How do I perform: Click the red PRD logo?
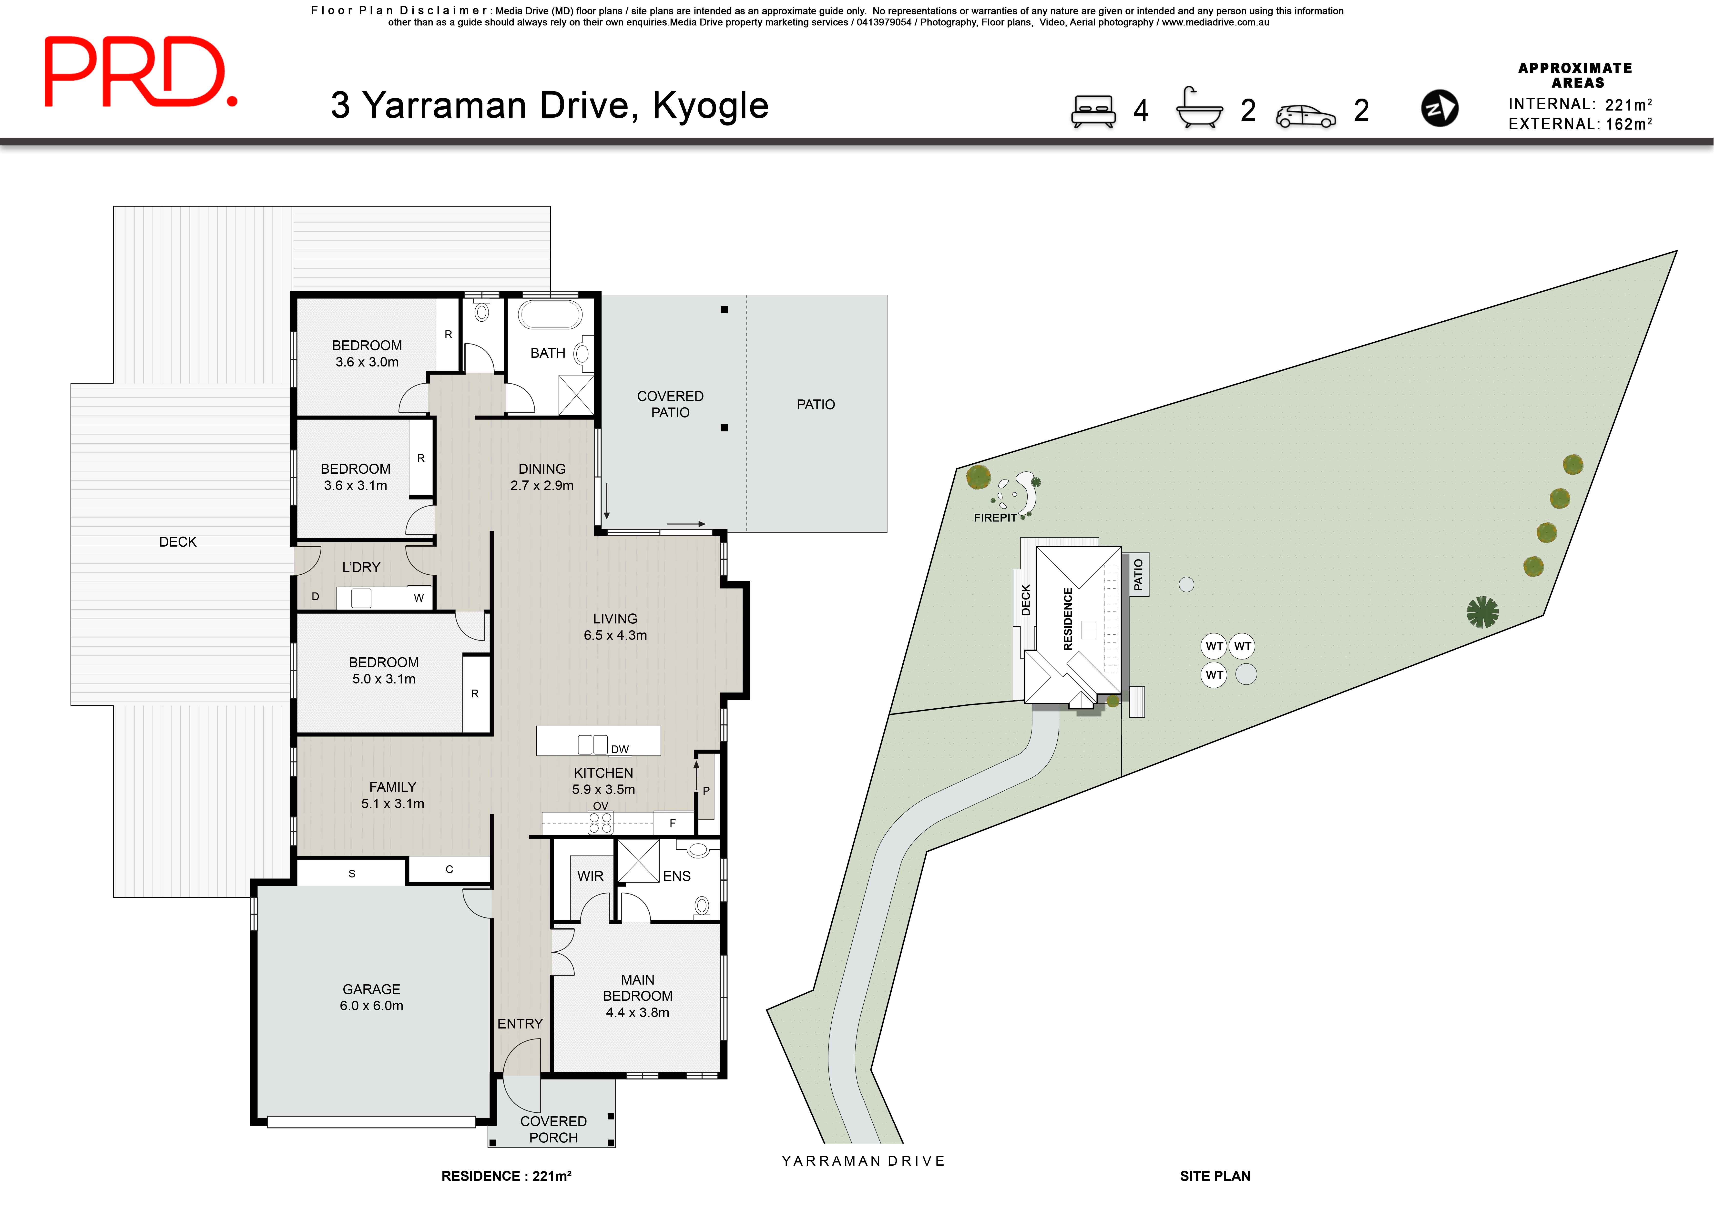(140, 72)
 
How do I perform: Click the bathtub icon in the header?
(1199, 108)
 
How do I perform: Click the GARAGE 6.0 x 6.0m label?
(371, 997)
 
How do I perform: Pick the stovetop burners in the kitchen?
(601, 823)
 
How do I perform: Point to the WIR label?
(590, 876)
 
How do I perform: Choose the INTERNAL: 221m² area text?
(1579, 104)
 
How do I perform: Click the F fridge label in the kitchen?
(672, 823)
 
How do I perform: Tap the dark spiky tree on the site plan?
(1482, 612)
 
